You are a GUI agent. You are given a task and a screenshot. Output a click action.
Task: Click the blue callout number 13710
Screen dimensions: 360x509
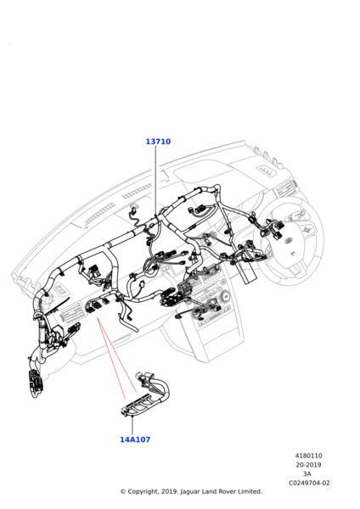[158, 142]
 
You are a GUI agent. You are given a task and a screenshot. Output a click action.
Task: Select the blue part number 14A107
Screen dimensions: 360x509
[135, 439]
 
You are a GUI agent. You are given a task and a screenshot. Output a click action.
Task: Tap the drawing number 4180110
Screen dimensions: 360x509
[309, 456]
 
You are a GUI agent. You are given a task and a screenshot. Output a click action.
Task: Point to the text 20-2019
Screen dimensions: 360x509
[308, 465]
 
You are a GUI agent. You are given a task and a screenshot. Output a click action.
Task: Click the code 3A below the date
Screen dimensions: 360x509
[307, 474]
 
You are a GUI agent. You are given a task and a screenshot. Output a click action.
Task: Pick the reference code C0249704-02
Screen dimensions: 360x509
[309, 483]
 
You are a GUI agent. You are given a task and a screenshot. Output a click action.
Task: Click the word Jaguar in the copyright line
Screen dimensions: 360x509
[190, 492]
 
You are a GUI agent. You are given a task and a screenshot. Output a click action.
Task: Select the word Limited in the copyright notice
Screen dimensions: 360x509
[250, 491]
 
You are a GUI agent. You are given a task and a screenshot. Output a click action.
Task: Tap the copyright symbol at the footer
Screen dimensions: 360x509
[123, 492]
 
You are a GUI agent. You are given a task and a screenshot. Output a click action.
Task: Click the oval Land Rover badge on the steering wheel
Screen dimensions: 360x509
[288, 241]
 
